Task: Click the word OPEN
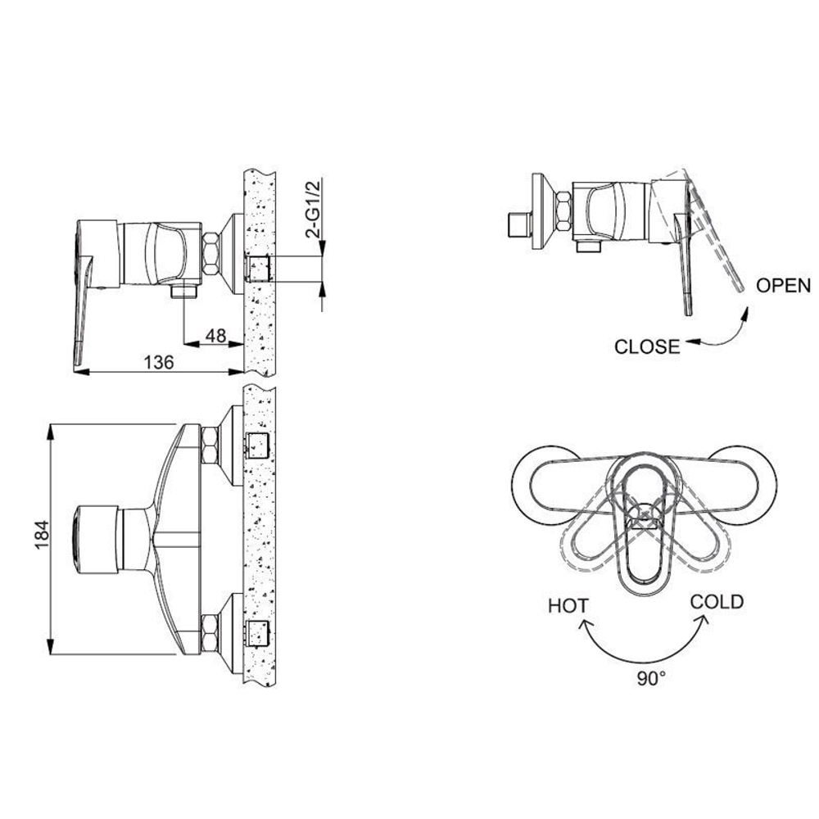783,286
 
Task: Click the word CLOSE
647,346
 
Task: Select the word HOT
568,607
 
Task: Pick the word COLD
717,602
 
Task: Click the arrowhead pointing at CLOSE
693,342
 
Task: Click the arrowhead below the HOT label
586,626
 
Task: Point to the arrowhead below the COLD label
702,622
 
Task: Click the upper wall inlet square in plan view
258,444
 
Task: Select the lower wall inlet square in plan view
258,633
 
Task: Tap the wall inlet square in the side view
258,267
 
